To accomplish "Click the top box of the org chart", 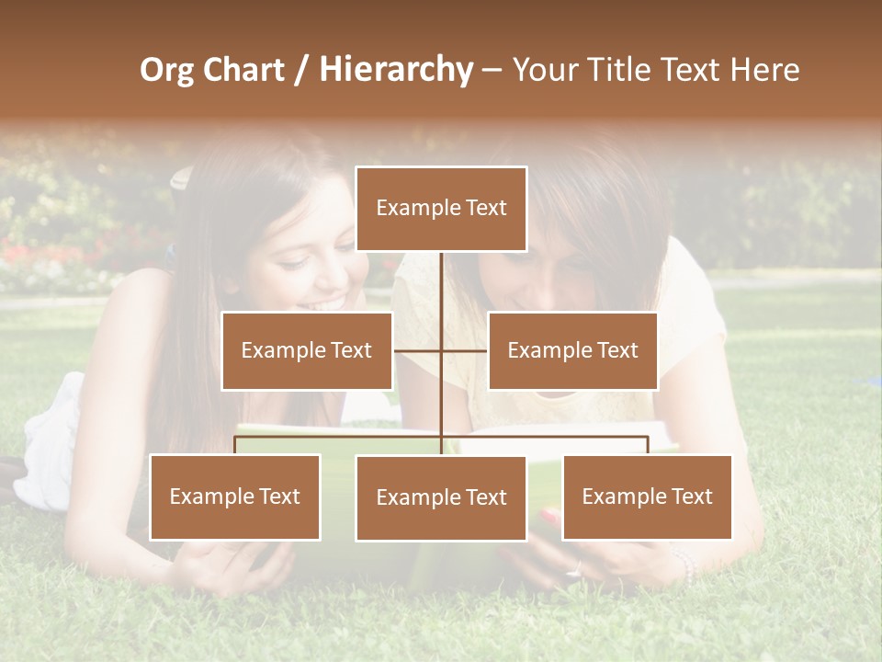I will [x=441, y=209].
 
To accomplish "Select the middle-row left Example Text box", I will [x=307, y=350].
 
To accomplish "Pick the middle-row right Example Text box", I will [x=572, y=350].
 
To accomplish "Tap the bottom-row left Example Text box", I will [x=235, y=496].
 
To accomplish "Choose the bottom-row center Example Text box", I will [x=441, y=497].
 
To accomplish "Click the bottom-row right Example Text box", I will [x=647, y=496].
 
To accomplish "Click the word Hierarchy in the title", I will [x=395, y=69].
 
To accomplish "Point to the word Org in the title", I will [x=168, y=69].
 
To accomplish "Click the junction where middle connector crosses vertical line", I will [x=441, y=350].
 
